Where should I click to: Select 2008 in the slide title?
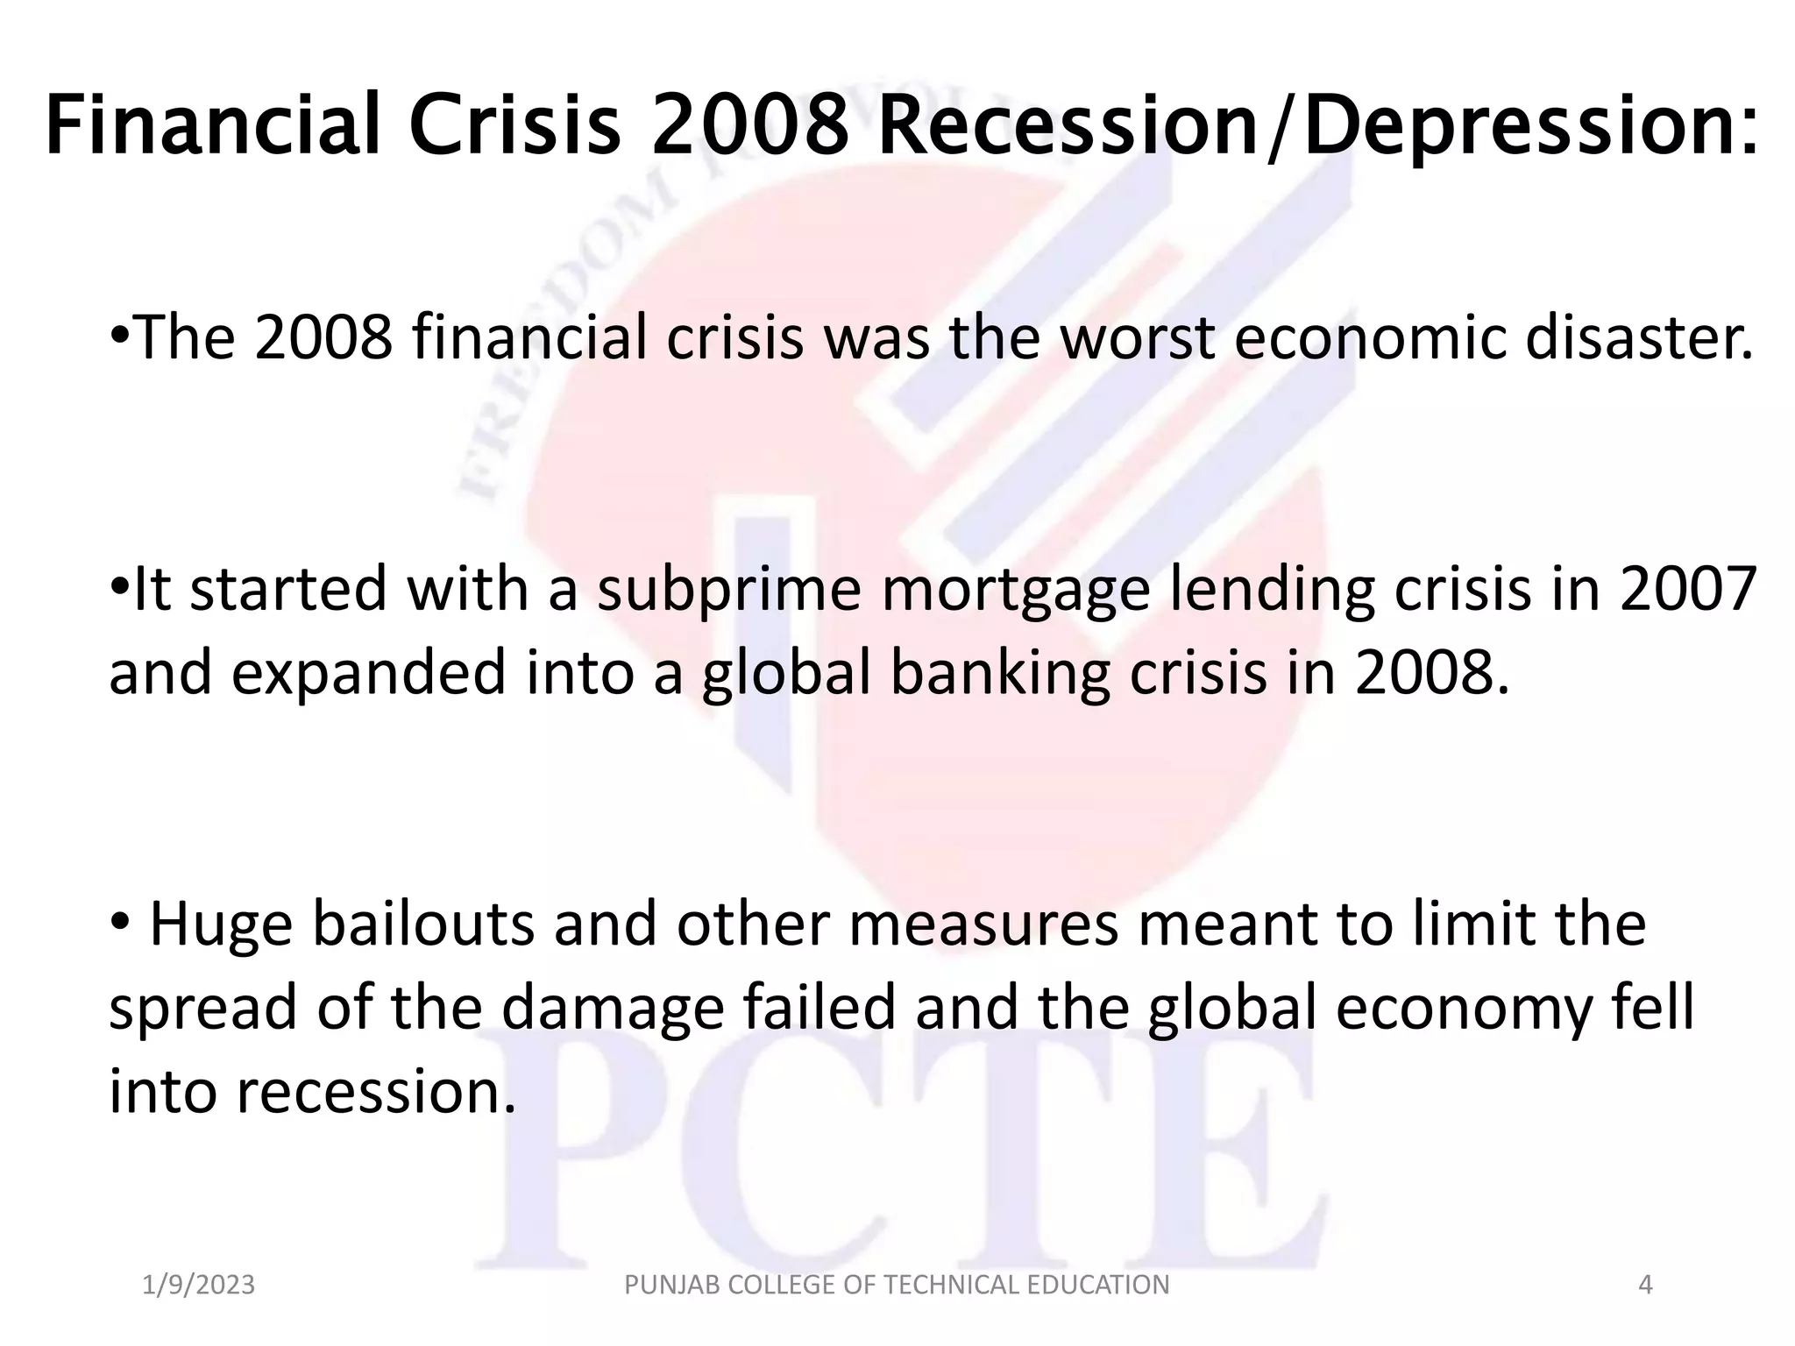[x=751, y=125]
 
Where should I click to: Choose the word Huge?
[x=221, y=926]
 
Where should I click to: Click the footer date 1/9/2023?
[x=199, y=1285]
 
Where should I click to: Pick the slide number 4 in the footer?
[x=1645, y=1285]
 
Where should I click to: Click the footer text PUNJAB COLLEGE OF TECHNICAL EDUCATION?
[x=897, y=1285]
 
